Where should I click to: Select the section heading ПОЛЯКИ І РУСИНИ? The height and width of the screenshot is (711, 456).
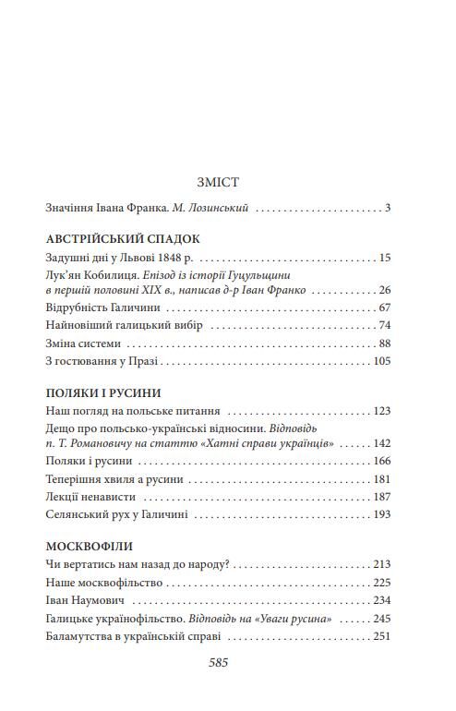pos(102,392)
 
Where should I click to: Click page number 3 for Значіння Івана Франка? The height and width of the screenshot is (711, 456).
pos(389,209)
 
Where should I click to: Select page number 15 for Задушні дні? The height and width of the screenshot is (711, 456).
pos(385,258)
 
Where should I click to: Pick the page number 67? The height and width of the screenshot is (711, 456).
pos(385,307)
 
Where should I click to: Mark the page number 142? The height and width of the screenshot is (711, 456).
pos(381,443)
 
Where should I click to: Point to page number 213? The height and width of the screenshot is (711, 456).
pos(381,564)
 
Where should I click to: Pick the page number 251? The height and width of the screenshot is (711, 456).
pos(381,637)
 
